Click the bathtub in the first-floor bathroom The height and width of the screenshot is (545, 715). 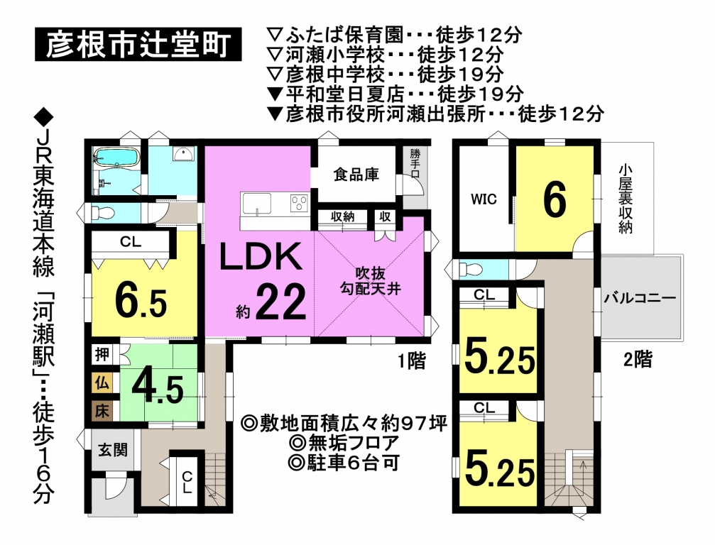(116, 157)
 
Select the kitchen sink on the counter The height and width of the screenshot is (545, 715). (257, 203)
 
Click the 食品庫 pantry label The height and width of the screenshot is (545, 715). (356, 175)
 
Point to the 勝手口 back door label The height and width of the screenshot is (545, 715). (415, 163)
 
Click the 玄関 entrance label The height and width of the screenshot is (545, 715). (113, 450)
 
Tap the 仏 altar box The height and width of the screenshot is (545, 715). (102, 382)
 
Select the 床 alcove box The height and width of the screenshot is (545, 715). (102, 411)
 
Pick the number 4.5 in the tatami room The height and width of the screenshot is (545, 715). (158, 390)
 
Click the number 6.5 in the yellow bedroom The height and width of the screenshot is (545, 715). (141, 300)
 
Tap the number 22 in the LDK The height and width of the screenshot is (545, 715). (280, 302)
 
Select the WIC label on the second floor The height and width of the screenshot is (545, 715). (484, 199)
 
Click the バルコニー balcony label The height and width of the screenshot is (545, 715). (640, 299)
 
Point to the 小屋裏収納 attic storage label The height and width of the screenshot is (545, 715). (625, 199)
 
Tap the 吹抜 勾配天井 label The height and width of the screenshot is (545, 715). (370, 281)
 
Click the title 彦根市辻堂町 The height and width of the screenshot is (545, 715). (138, 44)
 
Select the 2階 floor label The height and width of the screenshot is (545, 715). (638, 360)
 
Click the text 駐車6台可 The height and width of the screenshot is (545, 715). (344, 463)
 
